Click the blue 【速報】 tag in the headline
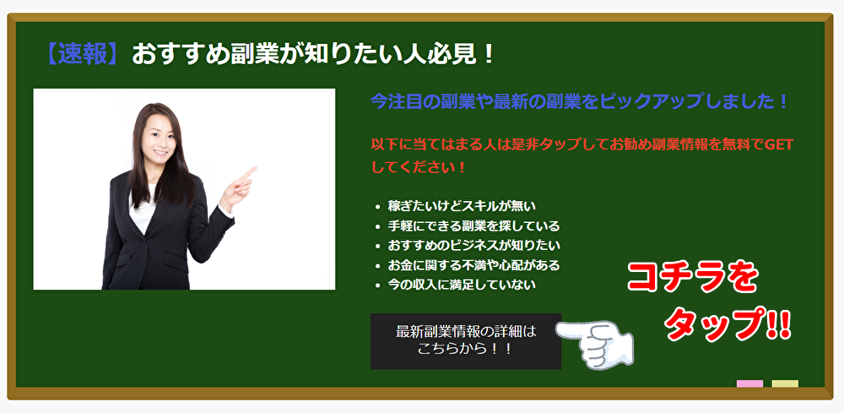(83, 53)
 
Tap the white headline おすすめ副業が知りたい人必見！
(313, 53)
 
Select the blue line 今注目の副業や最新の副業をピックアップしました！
(579, 101)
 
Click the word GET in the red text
(778, 145)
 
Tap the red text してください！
(418, 167)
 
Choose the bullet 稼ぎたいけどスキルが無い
(462, 206)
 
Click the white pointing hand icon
(595, 345)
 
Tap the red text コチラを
(693, 279)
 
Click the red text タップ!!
(728, 324)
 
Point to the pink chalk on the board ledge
(749, 383)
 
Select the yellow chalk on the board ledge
(785, 383)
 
